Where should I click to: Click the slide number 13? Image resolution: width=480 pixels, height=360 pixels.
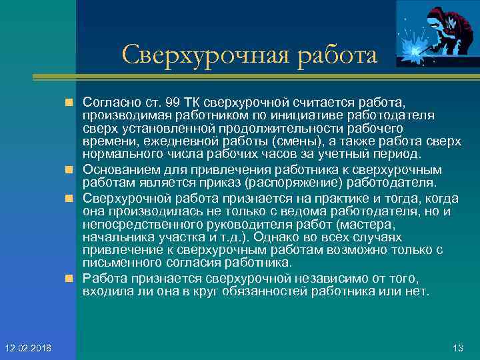click(x=457, y=347)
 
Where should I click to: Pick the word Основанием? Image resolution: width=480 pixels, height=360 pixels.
click(x=121, y=169)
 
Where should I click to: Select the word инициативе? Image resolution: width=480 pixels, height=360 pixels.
click(x=287, y=115)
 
